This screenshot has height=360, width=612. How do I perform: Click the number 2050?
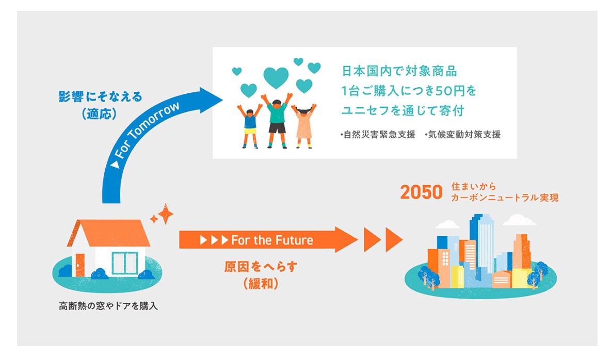421,192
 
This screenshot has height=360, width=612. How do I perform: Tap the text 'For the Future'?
272,240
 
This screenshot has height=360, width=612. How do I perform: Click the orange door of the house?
79,265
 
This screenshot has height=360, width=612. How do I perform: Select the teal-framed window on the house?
125,263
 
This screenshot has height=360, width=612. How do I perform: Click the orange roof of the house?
109,233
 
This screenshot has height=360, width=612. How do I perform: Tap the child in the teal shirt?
278,121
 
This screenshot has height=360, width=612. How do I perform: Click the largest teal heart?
276,77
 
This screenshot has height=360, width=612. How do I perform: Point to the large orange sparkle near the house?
166,214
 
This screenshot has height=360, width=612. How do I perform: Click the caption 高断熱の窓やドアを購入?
108,306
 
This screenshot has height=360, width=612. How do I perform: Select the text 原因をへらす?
261,267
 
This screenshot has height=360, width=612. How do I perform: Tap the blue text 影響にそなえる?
100,97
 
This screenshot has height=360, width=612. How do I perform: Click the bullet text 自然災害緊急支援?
377,135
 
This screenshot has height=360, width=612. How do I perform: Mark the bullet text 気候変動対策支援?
462,135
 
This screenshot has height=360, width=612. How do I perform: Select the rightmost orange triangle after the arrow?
394,239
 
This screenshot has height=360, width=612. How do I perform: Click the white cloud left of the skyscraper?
447,224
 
